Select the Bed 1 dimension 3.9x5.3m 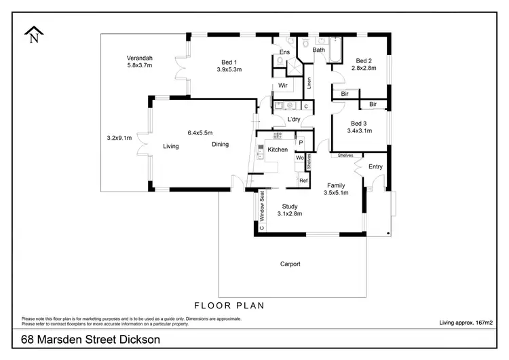tap(229, 69)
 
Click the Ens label tap(285, 52)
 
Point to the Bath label tap(318, 50)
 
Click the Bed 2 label tap(364, 60)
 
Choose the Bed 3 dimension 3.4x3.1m tap(359, 131)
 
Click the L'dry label tap(294, 120)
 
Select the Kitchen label tap(278, 149)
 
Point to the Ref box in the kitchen tap(303, 180)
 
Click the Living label tap(170, 146)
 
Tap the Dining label tap(220, 144)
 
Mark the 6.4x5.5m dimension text tap(200, 133)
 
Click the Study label tap(289, 206)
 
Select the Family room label tap(337, 185)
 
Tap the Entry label tap(375, 166)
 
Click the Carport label tap(290, 264)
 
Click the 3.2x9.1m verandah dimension tap(119, 138)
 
